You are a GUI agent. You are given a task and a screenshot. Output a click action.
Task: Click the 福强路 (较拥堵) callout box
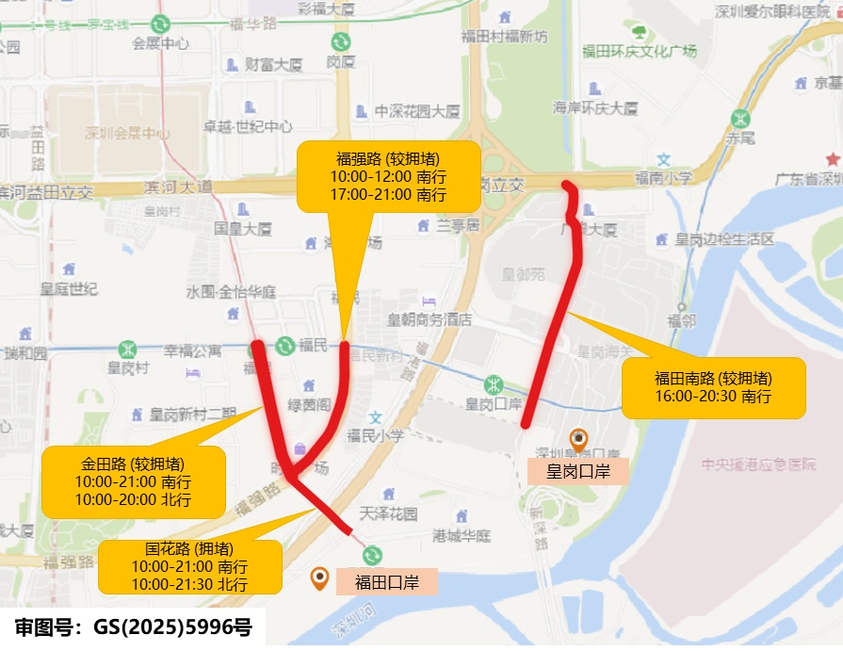(389, 177)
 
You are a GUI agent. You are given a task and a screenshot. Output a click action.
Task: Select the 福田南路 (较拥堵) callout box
(713, 387)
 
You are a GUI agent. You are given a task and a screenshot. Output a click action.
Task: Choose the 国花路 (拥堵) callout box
(189, 566)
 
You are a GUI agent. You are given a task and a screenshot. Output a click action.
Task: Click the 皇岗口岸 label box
(577, 471)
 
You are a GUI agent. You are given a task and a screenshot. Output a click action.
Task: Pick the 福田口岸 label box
(386, 582)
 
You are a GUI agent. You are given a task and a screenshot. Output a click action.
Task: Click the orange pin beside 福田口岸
(320, 578)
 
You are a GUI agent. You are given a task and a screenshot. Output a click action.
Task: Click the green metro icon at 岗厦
(340, 42)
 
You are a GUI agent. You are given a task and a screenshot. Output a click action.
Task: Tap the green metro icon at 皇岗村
(127, 350)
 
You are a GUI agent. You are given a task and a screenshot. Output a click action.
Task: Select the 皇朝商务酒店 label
(430, 320)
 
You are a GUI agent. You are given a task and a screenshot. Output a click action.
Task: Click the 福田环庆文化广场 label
(640, 51)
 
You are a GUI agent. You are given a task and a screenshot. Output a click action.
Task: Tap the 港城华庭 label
(462, 536)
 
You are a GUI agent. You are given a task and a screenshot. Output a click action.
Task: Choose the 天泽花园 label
(388, 513)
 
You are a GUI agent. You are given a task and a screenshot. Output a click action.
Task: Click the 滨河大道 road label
(178, 187)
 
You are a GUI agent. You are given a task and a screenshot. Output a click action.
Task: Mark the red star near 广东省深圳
(832, 159)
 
